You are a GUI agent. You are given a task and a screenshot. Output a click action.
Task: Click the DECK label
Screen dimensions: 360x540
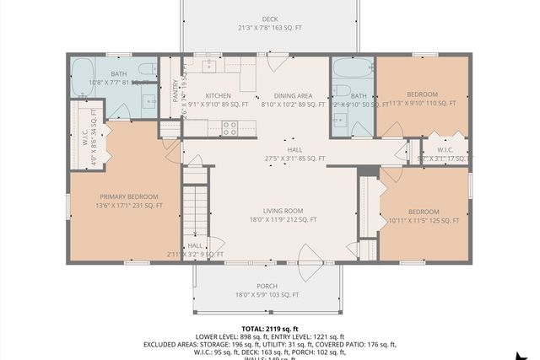[269, 19]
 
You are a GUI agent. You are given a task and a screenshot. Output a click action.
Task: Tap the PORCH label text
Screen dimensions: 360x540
[267, 285]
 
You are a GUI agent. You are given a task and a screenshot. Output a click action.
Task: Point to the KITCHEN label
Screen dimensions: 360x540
[196, 96]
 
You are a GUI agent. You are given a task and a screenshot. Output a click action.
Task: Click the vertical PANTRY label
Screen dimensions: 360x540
[175, 90]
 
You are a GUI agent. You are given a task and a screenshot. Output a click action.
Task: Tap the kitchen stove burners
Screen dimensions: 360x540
[228, 128]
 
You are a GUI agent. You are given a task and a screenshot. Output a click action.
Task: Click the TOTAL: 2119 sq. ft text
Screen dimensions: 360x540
[269, 329]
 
